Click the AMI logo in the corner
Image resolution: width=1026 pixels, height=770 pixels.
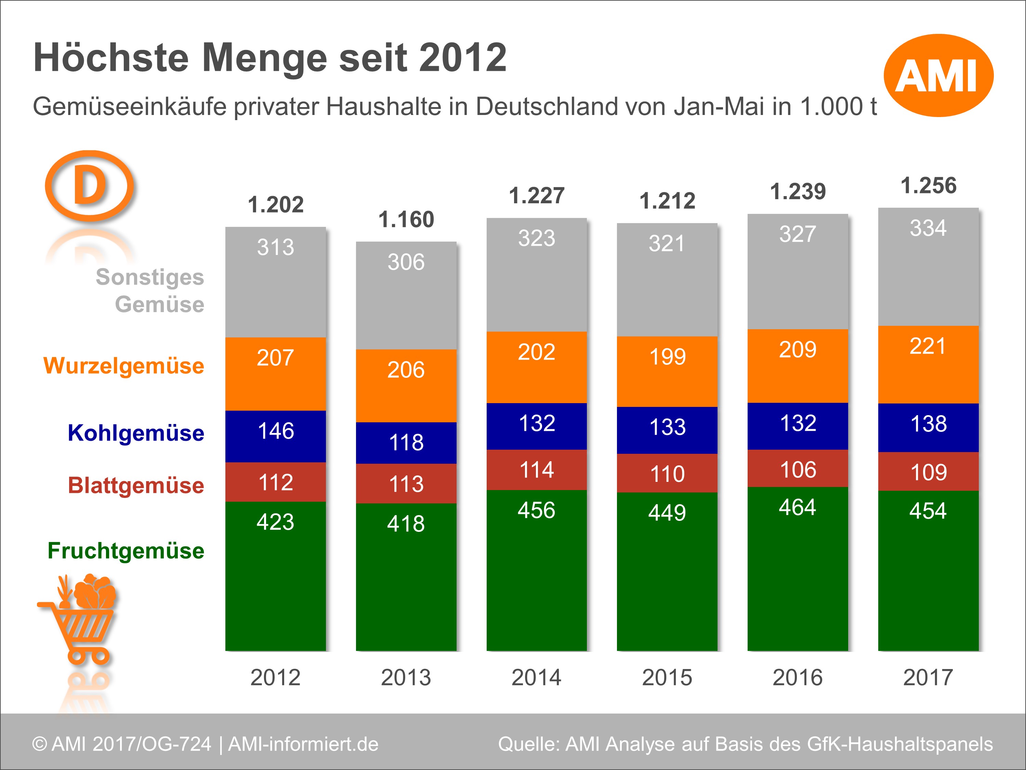coord(938,75)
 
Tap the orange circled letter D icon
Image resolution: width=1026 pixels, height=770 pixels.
coord(89,185)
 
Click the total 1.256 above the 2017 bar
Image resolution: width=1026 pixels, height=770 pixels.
coord(928,185)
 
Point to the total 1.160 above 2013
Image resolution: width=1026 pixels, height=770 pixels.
coord(406,220)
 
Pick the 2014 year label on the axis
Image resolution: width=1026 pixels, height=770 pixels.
coord(536,677)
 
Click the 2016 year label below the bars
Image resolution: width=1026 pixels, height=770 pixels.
coord(797,677)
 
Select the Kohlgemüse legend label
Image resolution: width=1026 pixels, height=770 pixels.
coord(135,433)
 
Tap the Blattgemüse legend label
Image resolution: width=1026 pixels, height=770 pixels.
coord(135,486)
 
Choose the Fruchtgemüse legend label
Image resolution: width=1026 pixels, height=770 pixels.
coord(126,551)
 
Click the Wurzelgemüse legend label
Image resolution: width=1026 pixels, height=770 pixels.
coord(123,366)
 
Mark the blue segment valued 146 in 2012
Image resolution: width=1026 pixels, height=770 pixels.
coord(276,436)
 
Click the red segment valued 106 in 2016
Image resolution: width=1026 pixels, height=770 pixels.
coord(797,469)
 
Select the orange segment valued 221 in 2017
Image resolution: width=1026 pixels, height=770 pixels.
coord(928,365)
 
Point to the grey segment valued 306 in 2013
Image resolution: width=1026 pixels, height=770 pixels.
coord(406,295)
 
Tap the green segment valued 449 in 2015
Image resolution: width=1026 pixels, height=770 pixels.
coord(667,571)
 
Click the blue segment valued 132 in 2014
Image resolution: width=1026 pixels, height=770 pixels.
coord(536,426)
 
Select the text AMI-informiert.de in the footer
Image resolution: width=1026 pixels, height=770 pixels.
coord(303,744)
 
